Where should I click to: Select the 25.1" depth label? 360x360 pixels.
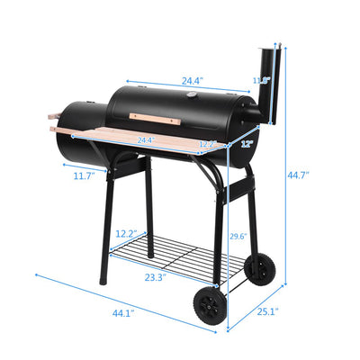coord(267,312)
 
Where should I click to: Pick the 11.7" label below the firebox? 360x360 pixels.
coord(84,176)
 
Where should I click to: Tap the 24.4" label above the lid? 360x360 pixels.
coord(192,81)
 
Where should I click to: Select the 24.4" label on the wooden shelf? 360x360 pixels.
coord(145,140)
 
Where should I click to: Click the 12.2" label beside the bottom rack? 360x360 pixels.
coord(126,233)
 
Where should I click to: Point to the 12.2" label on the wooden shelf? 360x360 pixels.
coord(206,144)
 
